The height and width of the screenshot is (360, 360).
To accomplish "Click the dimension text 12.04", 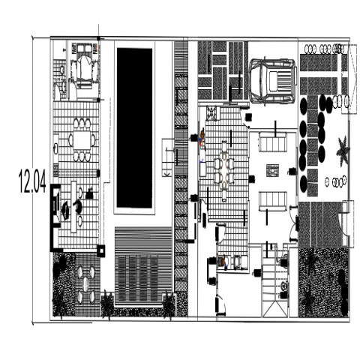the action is pos(32,181).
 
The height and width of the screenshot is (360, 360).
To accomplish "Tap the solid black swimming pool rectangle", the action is pos(134,128).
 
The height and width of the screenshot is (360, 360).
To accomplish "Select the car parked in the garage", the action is pos(273,81).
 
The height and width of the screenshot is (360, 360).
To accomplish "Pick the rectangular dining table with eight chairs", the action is pos(82,140).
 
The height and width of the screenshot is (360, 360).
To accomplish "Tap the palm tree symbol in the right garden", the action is pos(343,151).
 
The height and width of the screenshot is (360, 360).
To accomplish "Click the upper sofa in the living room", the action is pos(273,142).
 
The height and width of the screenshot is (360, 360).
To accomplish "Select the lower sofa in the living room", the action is pos(273,201).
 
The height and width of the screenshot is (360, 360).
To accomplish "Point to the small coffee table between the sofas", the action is pos(272,171).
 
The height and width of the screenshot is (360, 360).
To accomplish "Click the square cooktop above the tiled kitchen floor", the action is pos(211,113).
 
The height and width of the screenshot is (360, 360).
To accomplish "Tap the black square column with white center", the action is pos(101,250).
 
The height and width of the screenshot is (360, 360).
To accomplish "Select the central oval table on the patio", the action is pos(85,284).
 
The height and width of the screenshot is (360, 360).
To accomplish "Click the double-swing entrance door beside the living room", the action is pos(293,223).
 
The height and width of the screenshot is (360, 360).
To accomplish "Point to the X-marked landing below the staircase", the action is pos(275,309).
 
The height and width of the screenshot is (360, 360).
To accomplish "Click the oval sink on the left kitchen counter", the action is pos(55,149).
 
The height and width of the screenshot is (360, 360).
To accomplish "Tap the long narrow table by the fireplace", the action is pos(73,207).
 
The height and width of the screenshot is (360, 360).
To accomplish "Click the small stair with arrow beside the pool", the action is pos(168,158).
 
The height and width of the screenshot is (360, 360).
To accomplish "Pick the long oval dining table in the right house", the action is pos(224,171).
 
